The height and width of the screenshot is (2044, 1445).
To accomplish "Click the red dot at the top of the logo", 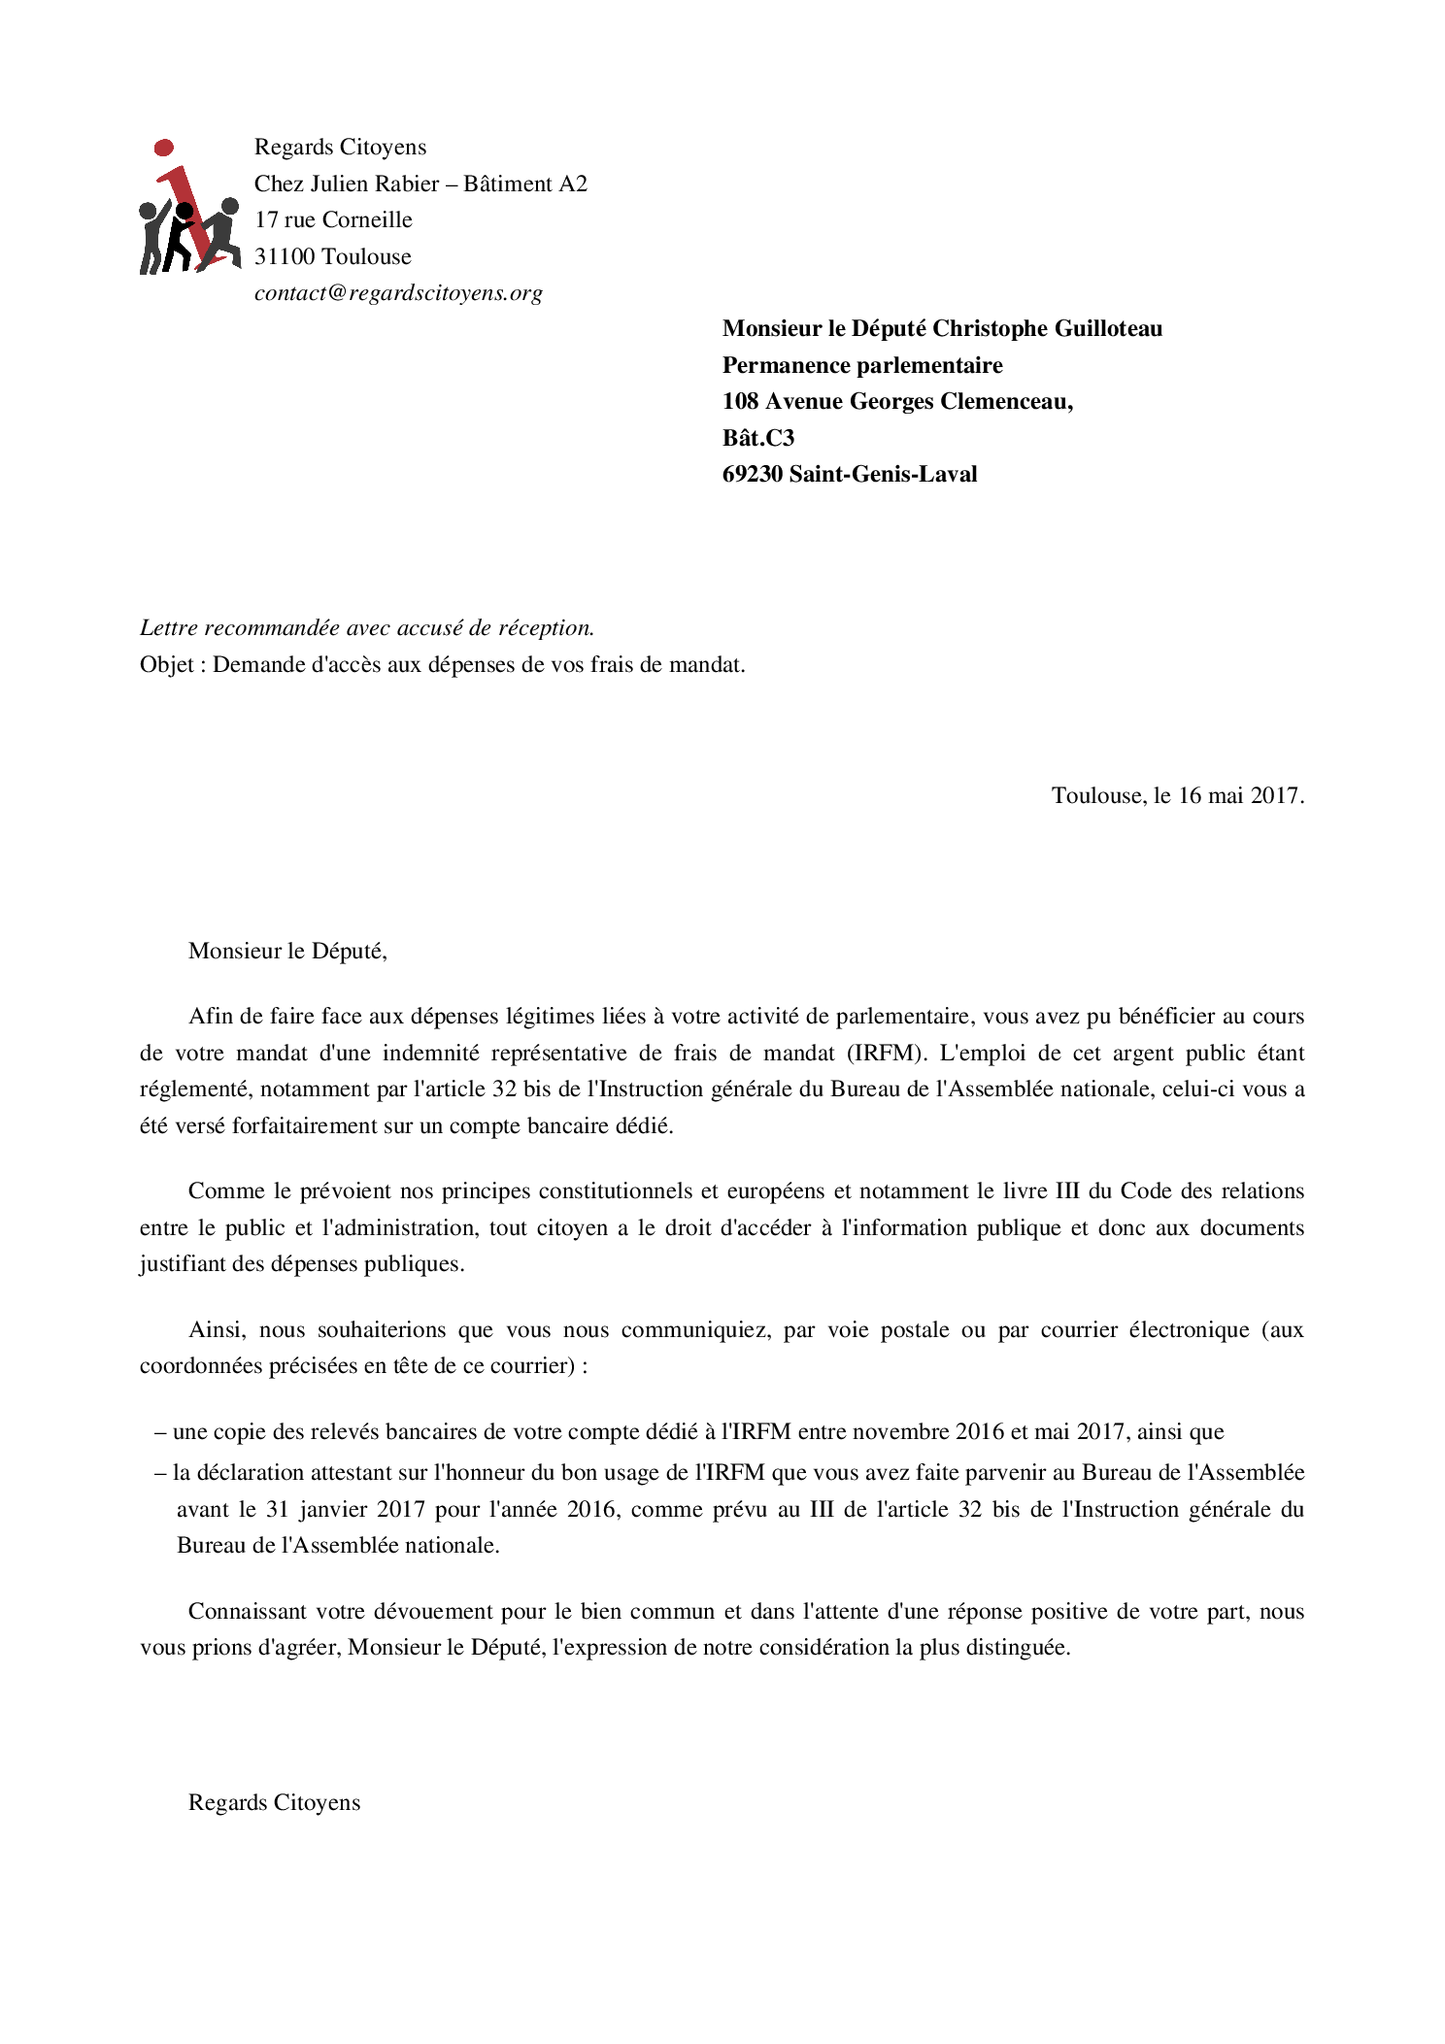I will (x=164, y=148).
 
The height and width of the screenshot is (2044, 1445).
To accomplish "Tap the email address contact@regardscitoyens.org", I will (x=398, y=293).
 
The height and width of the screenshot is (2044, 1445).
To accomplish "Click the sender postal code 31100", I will (x=285, y=256).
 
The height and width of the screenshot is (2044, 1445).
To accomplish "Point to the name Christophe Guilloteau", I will (x=1047, y=328).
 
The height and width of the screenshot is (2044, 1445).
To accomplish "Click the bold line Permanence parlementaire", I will (x=862, y=365).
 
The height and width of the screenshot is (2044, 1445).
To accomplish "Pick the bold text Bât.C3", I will (x=758, y=438).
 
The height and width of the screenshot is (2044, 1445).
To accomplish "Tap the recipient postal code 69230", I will (x=753, y=474).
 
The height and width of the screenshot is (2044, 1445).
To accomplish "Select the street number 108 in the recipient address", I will (x=741, y=401).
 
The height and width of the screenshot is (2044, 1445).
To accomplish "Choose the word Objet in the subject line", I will (x=167, y=665).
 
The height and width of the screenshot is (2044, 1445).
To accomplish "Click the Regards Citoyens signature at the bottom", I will (x=274, y=1802).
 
